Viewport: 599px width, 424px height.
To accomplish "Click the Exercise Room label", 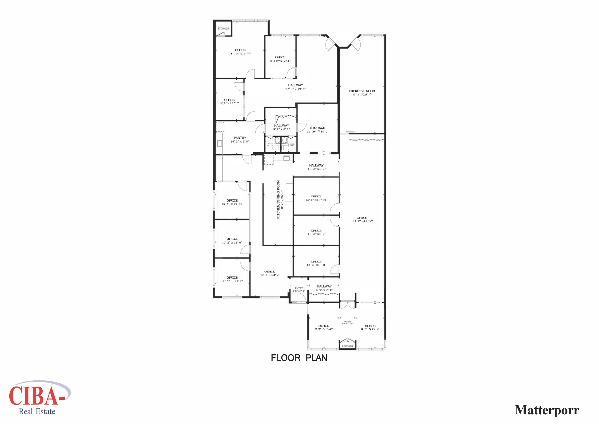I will coord(362,91).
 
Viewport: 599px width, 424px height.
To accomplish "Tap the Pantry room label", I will coord(240,138).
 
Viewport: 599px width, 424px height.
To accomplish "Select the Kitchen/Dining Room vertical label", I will coord(278,199).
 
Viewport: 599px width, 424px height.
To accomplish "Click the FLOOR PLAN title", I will coord(299,358).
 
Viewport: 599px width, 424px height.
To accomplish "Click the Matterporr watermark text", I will coord(547,410).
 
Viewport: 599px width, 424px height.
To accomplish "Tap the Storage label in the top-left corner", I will coord(223,29).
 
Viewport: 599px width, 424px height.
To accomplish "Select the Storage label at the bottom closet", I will coord(347,346).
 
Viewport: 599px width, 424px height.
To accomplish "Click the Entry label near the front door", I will coord(299,288).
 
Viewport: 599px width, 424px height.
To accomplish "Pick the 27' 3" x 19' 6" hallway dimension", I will coord(295,89).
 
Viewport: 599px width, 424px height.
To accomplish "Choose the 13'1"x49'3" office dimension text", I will coord(362,221).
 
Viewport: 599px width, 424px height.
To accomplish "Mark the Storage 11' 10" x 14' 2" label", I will coord(317,130).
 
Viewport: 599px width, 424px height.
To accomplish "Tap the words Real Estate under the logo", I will coord(37,412).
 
